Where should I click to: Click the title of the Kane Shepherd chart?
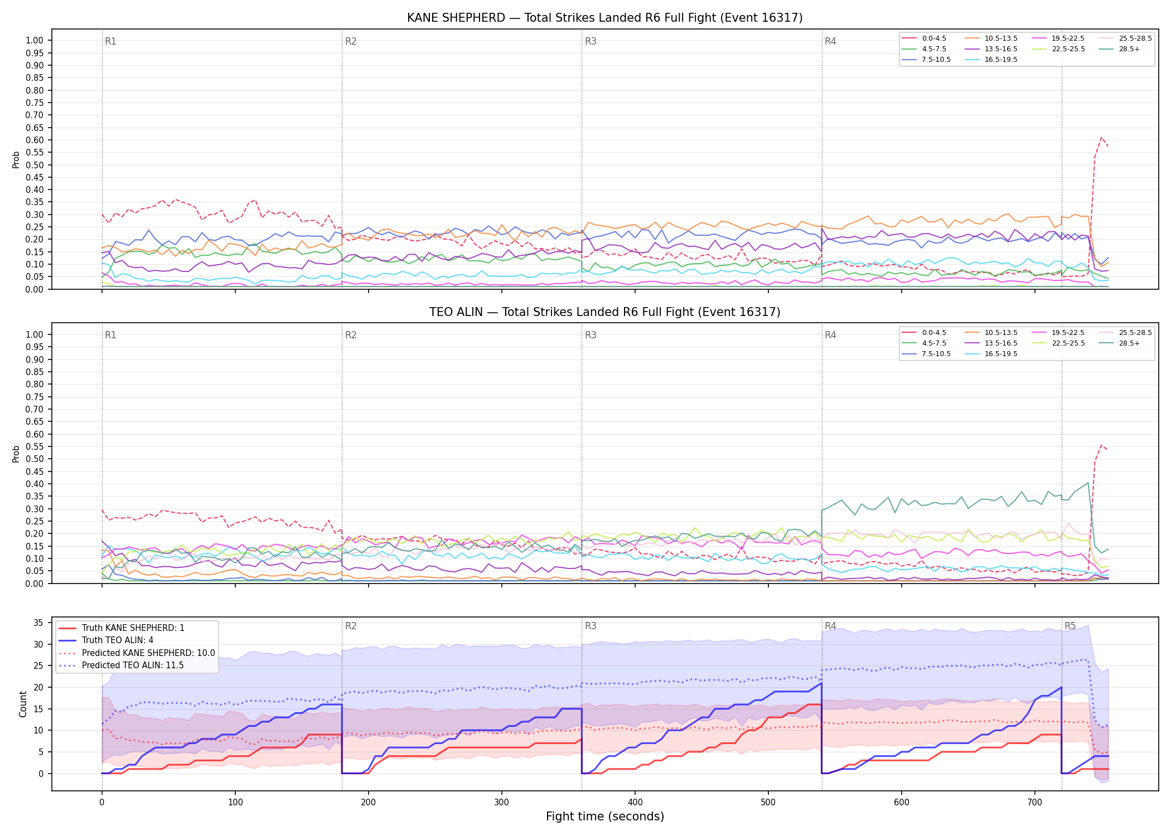(604, 18)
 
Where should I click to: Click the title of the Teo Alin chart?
(604, 312)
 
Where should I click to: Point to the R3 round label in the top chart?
(591, 41)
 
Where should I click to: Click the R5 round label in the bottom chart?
(1070, 626)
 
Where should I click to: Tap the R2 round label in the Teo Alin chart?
(351, 335)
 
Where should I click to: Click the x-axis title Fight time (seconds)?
(605, 816)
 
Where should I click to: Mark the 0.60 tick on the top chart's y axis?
(35, 140)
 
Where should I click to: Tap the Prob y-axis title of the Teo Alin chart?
(16, 454)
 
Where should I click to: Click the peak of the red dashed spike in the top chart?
(1101, 137)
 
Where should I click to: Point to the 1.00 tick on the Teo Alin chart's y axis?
(35, 334)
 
